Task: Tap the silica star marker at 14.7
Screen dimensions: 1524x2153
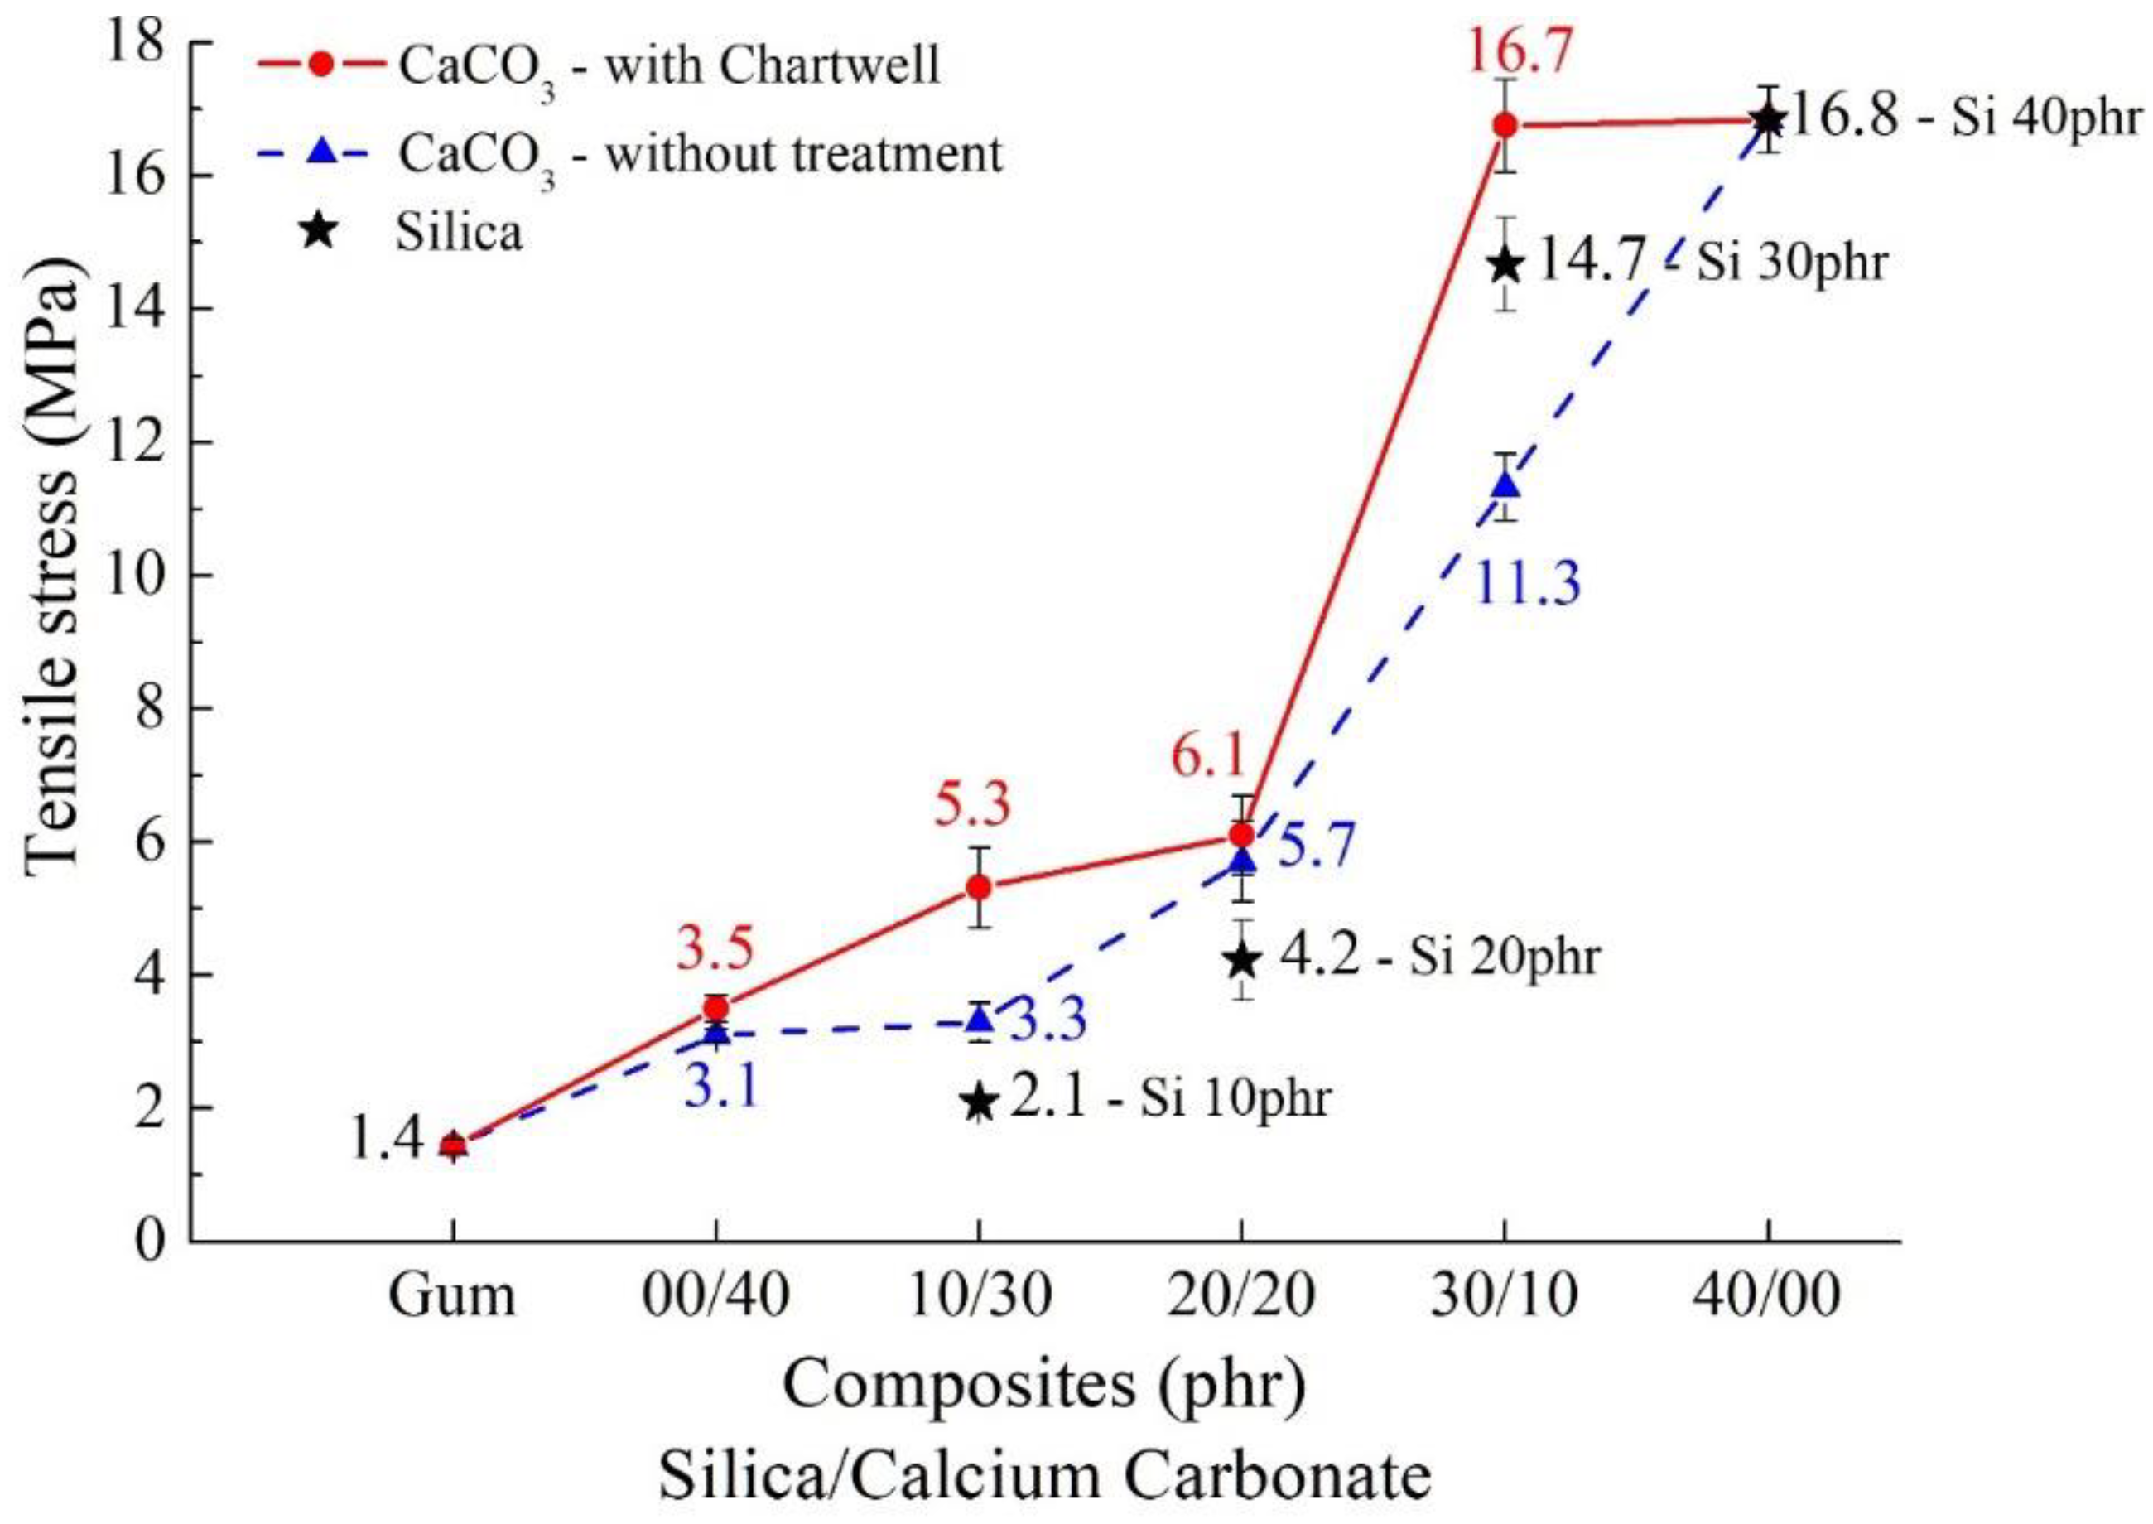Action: [1505, 265]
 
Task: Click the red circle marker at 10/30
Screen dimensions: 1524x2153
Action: [980, 887]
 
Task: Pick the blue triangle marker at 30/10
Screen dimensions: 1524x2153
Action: [1505, 485]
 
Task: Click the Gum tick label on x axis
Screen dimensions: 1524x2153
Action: [452, 1296]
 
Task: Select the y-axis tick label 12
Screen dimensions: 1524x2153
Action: [132, 442]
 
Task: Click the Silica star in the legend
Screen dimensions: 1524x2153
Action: [319, 231]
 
